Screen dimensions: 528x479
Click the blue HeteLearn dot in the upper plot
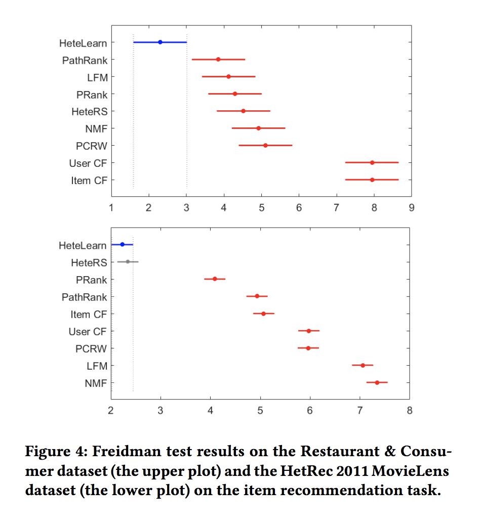[x=160, y=42]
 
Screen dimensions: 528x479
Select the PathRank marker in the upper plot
[x=218, y=60]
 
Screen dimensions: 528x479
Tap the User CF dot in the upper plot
[x=372, y=163]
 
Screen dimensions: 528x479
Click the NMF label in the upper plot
[x=96, y=128]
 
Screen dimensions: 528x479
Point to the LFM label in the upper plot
[x=97, y=77]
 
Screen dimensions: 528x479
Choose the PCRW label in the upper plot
[x=91, y=146]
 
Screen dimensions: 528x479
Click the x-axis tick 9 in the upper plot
[x=411, y=208]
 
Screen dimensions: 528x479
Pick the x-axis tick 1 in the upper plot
[x=111, y=208]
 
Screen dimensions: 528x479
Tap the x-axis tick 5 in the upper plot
[x=261, y=208]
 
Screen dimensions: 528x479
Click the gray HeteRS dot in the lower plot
[x=128, y=262]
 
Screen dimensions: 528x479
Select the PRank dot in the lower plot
[x=215, y=279]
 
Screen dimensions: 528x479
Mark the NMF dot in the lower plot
[x=377, y=383]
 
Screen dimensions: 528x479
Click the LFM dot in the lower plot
[x=363, y=365]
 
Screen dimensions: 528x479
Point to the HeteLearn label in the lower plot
[x=83, y=246]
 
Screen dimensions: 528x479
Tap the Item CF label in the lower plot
[x=89, y=315]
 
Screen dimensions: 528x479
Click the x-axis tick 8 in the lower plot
[x=410, y=410]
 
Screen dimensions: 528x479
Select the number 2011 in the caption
[x=358, y=471]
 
